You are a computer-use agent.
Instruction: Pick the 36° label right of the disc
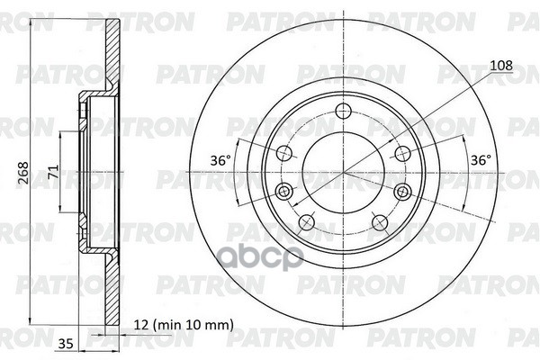481,160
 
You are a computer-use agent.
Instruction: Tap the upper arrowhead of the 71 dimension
61,133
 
